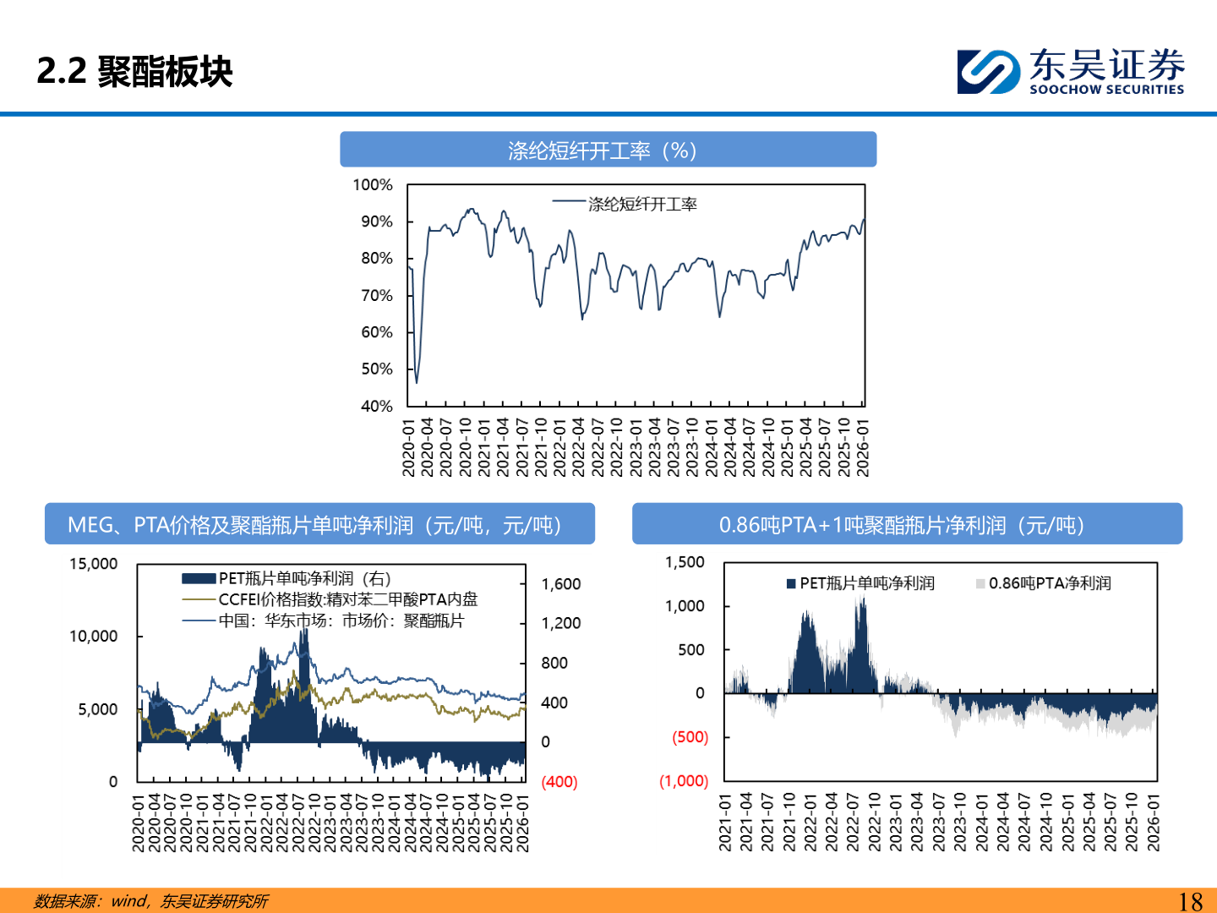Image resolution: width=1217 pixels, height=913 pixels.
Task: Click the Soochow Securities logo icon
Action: click(988, 71)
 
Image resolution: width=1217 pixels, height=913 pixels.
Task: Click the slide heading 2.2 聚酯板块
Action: click(135, 71)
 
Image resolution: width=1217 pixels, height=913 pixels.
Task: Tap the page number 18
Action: click(1190, 901)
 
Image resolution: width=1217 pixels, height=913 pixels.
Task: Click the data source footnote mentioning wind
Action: click(151, 901)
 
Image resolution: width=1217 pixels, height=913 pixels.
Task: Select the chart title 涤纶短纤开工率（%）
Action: click(608, 150)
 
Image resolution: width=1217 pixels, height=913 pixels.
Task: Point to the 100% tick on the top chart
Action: click(373, 185)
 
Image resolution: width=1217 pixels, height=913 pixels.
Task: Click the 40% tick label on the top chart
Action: click(377, 406)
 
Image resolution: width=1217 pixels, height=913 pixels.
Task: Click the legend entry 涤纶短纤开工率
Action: click(642, 204)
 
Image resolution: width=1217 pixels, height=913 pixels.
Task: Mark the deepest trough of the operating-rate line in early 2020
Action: click(417, 382)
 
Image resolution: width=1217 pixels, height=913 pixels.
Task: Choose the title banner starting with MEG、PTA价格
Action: click(319, 525)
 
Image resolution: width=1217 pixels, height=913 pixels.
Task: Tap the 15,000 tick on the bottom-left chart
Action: click(94, 564)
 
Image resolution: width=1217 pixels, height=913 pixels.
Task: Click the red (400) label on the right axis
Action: click(559, 782)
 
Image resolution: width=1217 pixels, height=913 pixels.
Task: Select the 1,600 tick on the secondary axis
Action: click(561, 584)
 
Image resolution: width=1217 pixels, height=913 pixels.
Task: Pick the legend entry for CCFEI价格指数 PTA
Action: click(347, 599)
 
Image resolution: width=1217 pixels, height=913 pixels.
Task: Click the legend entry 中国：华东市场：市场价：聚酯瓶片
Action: click(341, 621)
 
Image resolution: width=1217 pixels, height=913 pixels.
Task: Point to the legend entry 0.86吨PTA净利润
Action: click(1049, 583)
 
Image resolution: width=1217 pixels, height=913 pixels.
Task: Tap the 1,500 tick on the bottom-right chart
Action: click(685, 562)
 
